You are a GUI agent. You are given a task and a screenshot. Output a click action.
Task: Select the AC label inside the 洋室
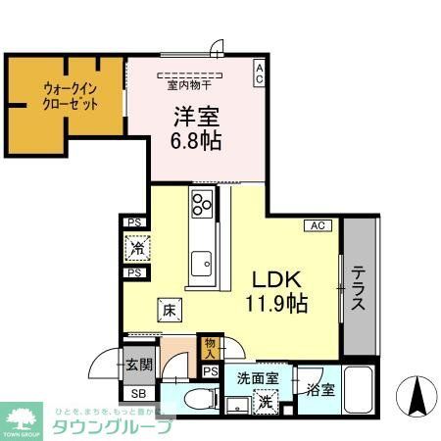click(259, 73)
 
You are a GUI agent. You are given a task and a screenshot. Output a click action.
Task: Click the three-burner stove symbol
click(203, 206)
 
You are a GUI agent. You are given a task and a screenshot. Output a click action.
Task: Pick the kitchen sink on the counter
click(203, 264)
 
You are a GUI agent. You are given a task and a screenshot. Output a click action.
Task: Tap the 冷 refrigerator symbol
click(135, 248)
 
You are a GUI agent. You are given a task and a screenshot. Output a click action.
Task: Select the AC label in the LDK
click(318, 225)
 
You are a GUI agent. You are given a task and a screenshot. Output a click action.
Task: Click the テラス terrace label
click(359, 290)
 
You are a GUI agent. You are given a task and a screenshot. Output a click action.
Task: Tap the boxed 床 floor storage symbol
click(169, 311)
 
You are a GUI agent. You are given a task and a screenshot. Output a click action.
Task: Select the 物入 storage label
click(210, 348)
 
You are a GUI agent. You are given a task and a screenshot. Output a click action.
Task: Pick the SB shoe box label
click(138, 394)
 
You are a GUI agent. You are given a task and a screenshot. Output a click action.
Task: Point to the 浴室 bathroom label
click(320, 389)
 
